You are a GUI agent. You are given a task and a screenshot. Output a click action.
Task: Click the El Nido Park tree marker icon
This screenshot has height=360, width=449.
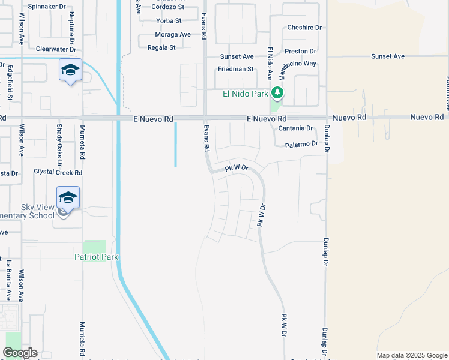277,93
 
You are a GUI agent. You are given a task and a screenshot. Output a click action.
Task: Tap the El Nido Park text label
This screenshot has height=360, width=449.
245,94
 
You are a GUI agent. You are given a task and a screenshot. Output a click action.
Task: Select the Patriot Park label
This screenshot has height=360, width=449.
96,257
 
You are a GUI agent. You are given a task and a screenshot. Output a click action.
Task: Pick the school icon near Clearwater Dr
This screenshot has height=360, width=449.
70,70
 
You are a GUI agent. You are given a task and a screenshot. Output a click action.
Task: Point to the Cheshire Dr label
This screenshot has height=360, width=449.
304,28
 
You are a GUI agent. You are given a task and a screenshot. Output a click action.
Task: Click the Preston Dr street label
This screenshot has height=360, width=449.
300,52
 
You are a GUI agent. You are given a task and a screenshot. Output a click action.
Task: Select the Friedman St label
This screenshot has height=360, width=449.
236,69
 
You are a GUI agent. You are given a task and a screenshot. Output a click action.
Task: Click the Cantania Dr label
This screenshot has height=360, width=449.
296,128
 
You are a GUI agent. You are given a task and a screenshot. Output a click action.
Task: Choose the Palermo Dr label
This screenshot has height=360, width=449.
301,145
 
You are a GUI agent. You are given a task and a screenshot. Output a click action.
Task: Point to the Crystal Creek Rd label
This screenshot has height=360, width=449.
58,172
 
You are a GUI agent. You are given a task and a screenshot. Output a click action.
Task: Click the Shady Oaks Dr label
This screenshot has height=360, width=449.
59,146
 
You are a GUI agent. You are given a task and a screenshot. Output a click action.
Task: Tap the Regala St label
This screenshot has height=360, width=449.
161,47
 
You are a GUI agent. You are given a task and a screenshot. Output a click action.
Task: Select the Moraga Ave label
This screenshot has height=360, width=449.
173,34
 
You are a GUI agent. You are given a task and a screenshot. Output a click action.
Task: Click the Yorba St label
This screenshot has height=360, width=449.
164,20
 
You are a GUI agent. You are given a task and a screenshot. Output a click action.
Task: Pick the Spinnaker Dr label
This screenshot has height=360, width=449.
46,6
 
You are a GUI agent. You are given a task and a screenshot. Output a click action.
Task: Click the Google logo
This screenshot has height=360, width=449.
20,353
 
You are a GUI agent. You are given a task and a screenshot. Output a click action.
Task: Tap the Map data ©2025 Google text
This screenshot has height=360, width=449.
411,355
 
